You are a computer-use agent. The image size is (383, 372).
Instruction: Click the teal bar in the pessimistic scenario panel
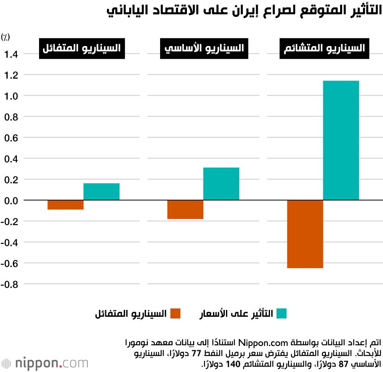click(x=341, y=140)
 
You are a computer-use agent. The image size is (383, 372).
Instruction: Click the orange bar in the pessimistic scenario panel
click(x=305, y=234)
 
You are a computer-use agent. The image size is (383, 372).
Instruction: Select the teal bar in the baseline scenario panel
click(x=221, y=184)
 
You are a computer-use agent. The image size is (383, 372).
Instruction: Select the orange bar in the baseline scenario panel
click(x=185, y=209)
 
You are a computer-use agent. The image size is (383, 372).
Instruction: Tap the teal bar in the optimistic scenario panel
click(x=101, y=191)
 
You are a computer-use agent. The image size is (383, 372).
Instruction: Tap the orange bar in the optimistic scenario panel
click(x=65, y=205)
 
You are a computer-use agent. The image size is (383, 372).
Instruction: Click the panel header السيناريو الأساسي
click(x=204, y=49)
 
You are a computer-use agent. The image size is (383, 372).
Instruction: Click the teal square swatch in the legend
click(x=281, y=313)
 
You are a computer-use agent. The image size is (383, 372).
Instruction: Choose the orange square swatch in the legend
click(x=175, y=313)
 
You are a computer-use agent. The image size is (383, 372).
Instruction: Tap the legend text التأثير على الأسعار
click(x=236, y=313)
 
